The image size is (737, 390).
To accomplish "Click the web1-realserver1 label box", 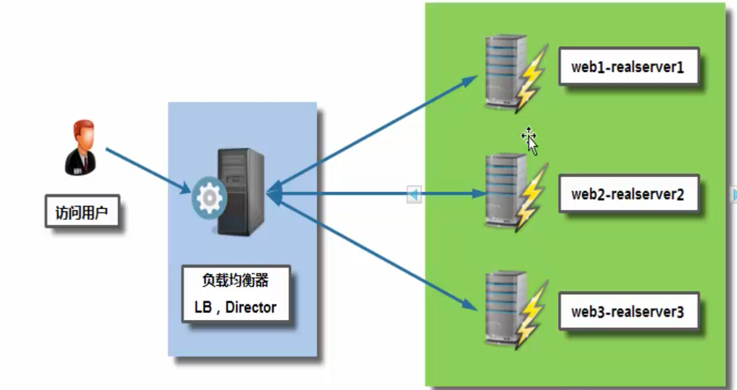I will tap(628, 67).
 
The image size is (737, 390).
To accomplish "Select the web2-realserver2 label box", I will tap(628, 194).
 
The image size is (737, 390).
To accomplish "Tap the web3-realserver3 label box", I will tap(628, 312).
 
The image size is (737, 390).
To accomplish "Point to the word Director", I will tap(251, 307).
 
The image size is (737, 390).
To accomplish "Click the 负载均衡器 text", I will tap(235, 281).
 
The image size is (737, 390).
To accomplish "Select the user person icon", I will tap(80, 147).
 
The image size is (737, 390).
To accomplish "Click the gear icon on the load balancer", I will tap(209, 197).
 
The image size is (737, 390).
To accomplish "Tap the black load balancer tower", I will tap(240, 191).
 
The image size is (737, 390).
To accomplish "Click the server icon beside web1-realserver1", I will tap(505, 72).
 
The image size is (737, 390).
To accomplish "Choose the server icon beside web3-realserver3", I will tap(505, 308).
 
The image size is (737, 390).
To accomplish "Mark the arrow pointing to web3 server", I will tap(376, 251).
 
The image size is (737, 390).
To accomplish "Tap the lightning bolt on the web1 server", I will tap(533, 78).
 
